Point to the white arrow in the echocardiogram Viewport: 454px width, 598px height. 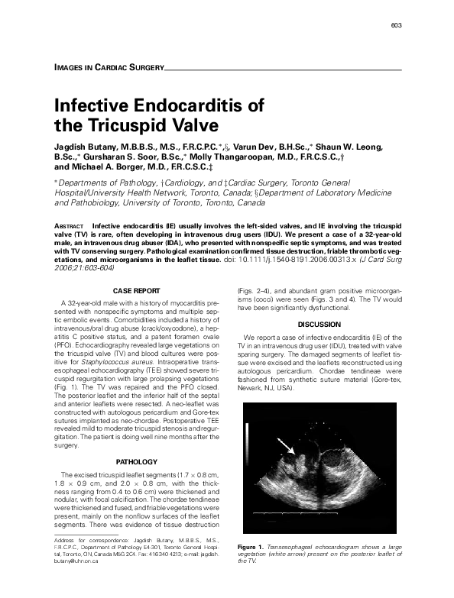pyautogui.click(x=283, y=444)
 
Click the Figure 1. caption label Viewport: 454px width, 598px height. pyautogui.click(x=250, y=548)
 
